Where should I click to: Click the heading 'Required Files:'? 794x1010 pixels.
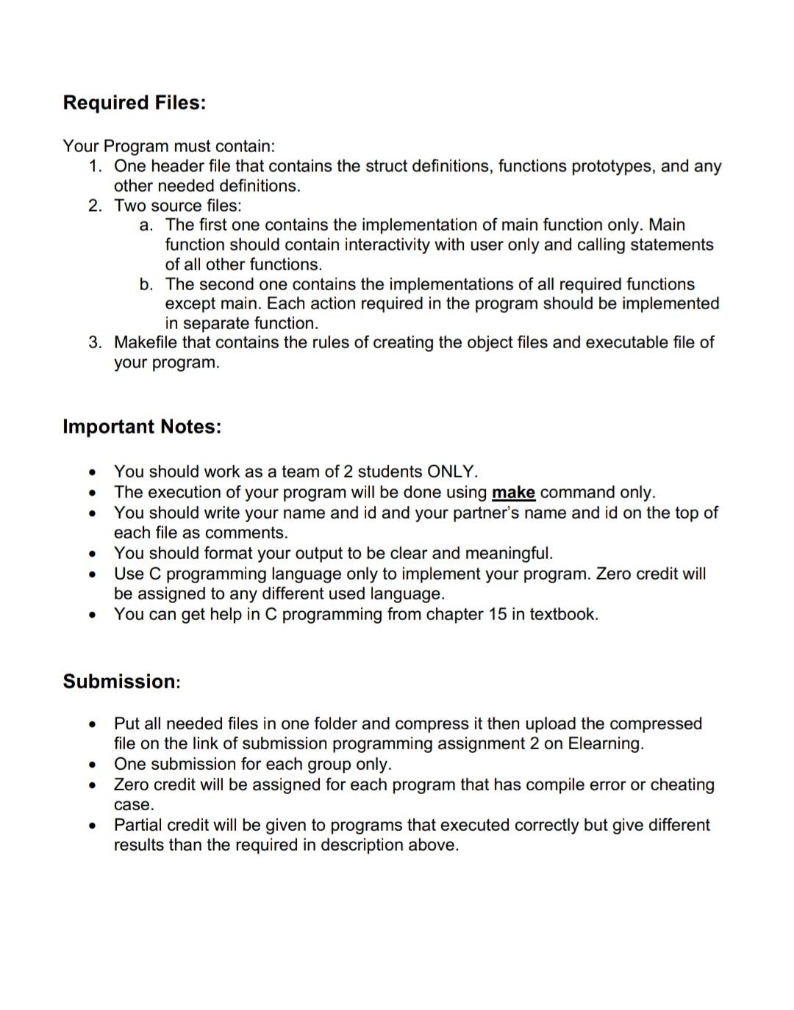pos(134,103)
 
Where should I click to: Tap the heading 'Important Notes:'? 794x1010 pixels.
pos(142,427)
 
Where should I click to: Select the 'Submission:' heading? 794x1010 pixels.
pos(121,682)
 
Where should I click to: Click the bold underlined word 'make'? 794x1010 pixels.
pos(513,492)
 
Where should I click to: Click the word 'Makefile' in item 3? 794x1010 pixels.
pos(145,343)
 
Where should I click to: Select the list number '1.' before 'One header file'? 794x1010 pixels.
pos(95,167)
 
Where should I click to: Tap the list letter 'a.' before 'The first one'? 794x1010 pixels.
pos(146,226)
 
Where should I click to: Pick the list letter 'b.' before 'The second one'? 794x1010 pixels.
pos(146,284)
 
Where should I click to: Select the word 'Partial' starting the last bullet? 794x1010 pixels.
pos(140,825)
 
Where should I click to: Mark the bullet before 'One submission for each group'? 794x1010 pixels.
pos(92,765)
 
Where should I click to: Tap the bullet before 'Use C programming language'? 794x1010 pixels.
pos(92,574)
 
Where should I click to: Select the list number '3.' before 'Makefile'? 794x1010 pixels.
pos(95,343)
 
